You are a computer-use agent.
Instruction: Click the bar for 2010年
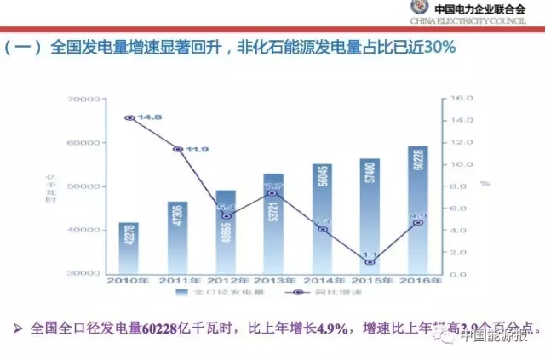(129, 248)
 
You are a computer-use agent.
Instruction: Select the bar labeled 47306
(177, 237)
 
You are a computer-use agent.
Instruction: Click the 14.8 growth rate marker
(129, 117)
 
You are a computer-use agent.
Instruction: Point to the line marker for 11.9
(178, 149)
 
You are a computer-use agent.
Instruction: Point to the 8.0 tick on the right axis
(456, 186)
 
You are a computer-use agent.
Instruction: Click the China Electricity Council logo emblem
(423, 9)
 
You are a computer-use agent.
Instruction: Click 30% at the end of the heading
(440, 48)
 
